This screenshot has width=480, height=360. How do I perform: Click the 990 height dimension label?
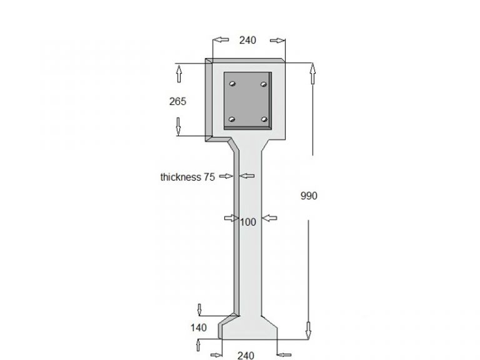pyautogui.click(x=309, y=196)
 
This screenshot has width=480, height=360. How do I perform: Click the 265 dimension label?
pyautogui.click(x=178, y=101)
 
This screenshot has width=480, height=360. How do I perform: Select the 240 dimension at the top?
pyautogui.click(x=248, y=41)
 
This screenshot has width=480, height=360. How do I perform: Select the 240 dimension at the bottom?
pyautogui.click(x=246, y=355)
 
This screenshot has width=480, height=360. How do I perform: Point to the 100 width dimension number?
pyautogui.click(x=248, y=221)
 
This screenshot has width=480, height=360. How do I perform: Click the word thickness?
pyautogui.click(x=180, y=177)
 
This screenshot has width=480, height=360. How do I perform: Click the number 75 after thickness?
pyautogui.click(x=209, y=177)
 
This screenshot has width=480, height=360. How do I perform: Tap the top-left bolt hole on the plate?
pyautogui.click(x=232, y=83)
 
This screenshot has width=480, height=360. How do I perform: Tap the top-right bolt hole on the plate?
pyautogui.click(x=264, y=83)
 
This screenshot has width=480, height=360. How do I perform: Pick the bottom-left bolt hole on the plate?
pyautogui.click(x=232, y=119)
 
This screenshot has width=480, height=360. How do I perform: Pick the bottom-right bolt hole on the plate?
pyautogui.click(x=264, y=119)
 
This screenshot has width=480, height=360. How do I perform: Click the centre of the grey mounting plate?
pyautogui.click(x=248, y=101)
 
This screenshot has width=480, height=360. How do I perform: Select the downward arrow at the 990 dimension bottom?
pyautogui.click(x=307, y=329)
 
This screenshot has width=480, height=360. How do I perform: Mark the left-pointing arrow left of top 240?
pyautogui.click(x=221, y=41)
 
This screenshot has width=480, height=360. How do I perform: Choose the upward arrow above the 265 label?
pyautogui.click(x=178, y=75)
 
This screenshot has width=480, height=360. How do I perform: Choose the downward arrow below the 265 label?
pyautogui.click(x=178, y=126)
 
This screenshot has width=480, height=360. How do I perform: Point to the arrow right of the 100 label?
pyautogui.click(x=269, y=217)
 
